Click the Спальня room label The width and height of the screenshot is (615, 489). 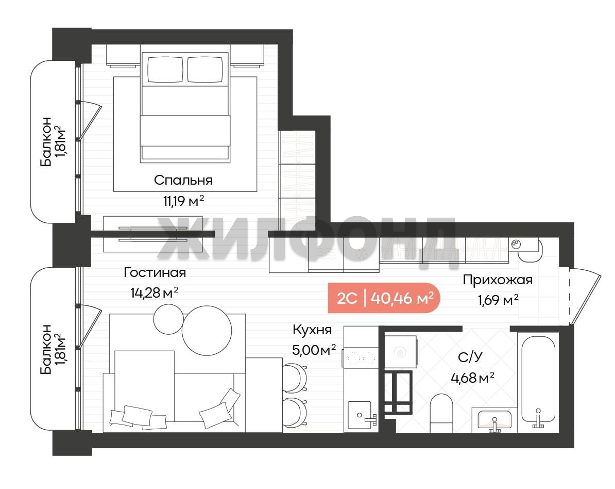click(183, 181)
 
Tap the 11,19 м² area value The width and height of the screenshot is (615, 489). click(183, 201)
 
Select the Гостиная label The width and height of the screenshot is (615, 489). click(155, 272)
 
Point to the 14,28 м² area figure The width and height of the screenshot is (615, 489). click(155, 292)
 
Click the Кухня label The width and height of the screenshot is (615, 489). click(312, 330)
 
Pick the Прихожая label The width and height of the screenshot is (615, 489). click(498, 280)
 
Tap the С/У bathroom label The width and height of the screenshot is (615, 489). click(470, 357)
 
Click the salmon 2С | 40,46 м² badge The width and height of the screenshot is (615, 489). click(384, 298)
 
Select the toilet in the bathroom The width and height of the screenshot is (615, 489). click(441, 413)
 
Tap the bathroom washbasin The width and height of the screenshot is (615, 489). click(494, 420)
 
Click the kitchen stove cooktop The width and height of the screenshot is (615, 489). click(361, 358)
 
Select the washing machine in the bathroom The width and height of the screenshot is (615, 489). click(400, 351)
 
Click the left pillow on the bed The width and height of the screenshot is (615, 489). click(165, 70)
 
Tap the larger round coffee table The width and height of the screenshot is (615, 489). click(207, 330)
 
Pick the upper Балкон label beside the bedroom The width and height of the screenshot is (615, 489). click(46, 141)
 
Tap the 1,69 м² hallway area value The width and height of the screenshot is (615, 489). click(498, 300)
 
